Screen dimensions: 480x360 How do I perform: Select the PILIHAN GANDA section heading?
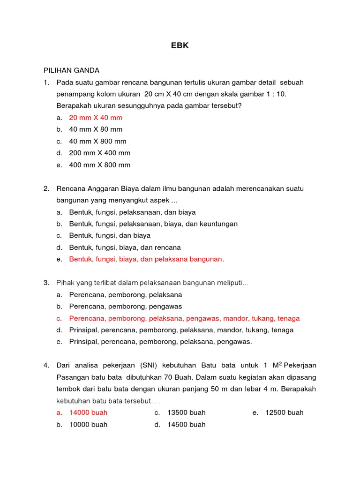tap(71, 70)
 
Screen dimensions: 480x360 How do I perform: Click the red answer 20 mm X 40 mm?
tap(96, 118)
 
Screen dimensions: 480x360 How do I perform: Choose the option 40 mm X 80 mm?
tap(96, 129)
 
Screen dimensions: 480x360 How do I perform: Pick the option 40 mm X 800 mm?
tap(97, 141)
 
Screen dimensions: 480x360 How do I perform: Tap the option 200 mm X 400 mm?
tap(100, 153)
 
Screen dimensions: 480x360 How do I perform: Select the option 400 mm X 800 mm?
tap(100, 165)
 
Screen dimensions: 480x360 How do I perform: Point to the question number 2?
tap(46, 188)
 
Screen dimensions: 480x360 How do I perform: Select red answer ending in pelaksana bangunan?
tap(145, 259)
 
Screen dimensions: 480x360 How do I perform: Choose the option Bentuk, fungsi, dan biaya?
tap(110, 236)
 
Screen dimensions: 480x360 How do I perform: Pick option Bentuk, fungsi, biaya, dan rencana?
tap(125, 247)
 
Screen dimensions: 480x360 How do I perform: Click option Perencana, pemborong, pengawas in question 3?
tap(125, 307)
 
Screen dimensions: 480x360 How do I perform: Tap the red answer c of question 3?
tap(184, 318)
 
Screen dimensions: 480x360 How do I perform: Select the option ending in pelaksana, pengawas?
tap(160, 342)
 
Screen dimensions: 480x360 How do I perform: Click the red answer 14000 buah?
tap(88, 412)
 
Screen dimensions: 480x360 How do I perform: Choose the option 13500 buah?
tap(186, 412)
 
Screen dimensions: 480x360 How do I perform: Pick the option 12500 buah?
tap(284, 412)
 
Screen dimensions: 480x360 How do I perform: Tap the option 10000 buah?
tap(88, 425)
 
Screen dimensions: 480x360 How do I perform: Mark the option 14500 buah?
tap(186, 425)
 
